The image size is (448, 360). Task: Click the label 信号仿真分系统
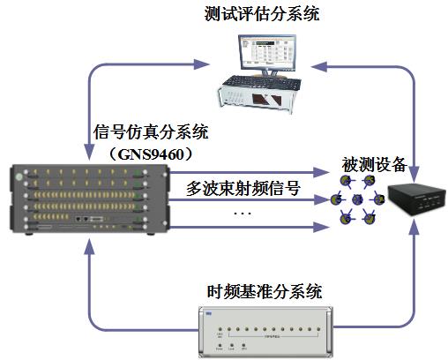(151, 133)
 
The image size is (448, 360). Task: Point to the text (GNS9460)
(151, 152)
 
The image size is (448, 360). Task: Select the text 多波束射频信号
(243, 187)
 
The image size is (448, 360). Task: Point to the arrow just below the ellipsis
(256, 228)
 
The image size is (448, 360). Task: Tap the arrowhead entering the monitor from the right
(322, 64)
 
